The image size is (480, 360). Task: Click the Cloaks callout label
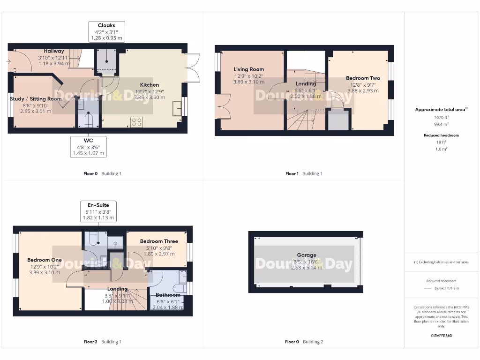(106, 25)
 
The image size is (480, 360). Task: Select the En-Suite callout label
(98, 205)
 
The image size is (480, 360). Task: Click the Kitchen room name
(149, 85)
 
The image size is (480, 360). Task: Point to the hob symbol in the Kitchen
(136, 122)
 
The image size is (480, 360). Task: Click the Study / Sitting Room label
(36, 99)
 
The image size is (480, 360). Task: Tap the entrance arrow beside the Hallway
(8, 61)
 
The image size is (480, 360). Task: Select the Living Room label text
(249, 69)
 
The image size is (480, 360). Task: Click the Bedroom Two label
(363, 78)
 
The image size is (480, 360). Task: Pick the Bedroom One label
(45, 260)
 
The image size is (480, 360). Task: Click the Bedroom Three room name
(159, 241)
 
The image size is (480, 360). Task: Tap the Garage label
(307, 255)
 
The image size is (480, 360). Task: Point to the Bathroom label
(168, 295)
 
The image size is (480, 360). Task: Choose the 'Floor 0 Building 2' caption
(304, 342)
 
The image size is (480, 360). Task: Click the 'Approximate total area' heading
(440, 110)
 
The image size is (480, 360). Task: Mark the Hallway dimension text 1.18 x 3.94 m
(54, 63)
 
